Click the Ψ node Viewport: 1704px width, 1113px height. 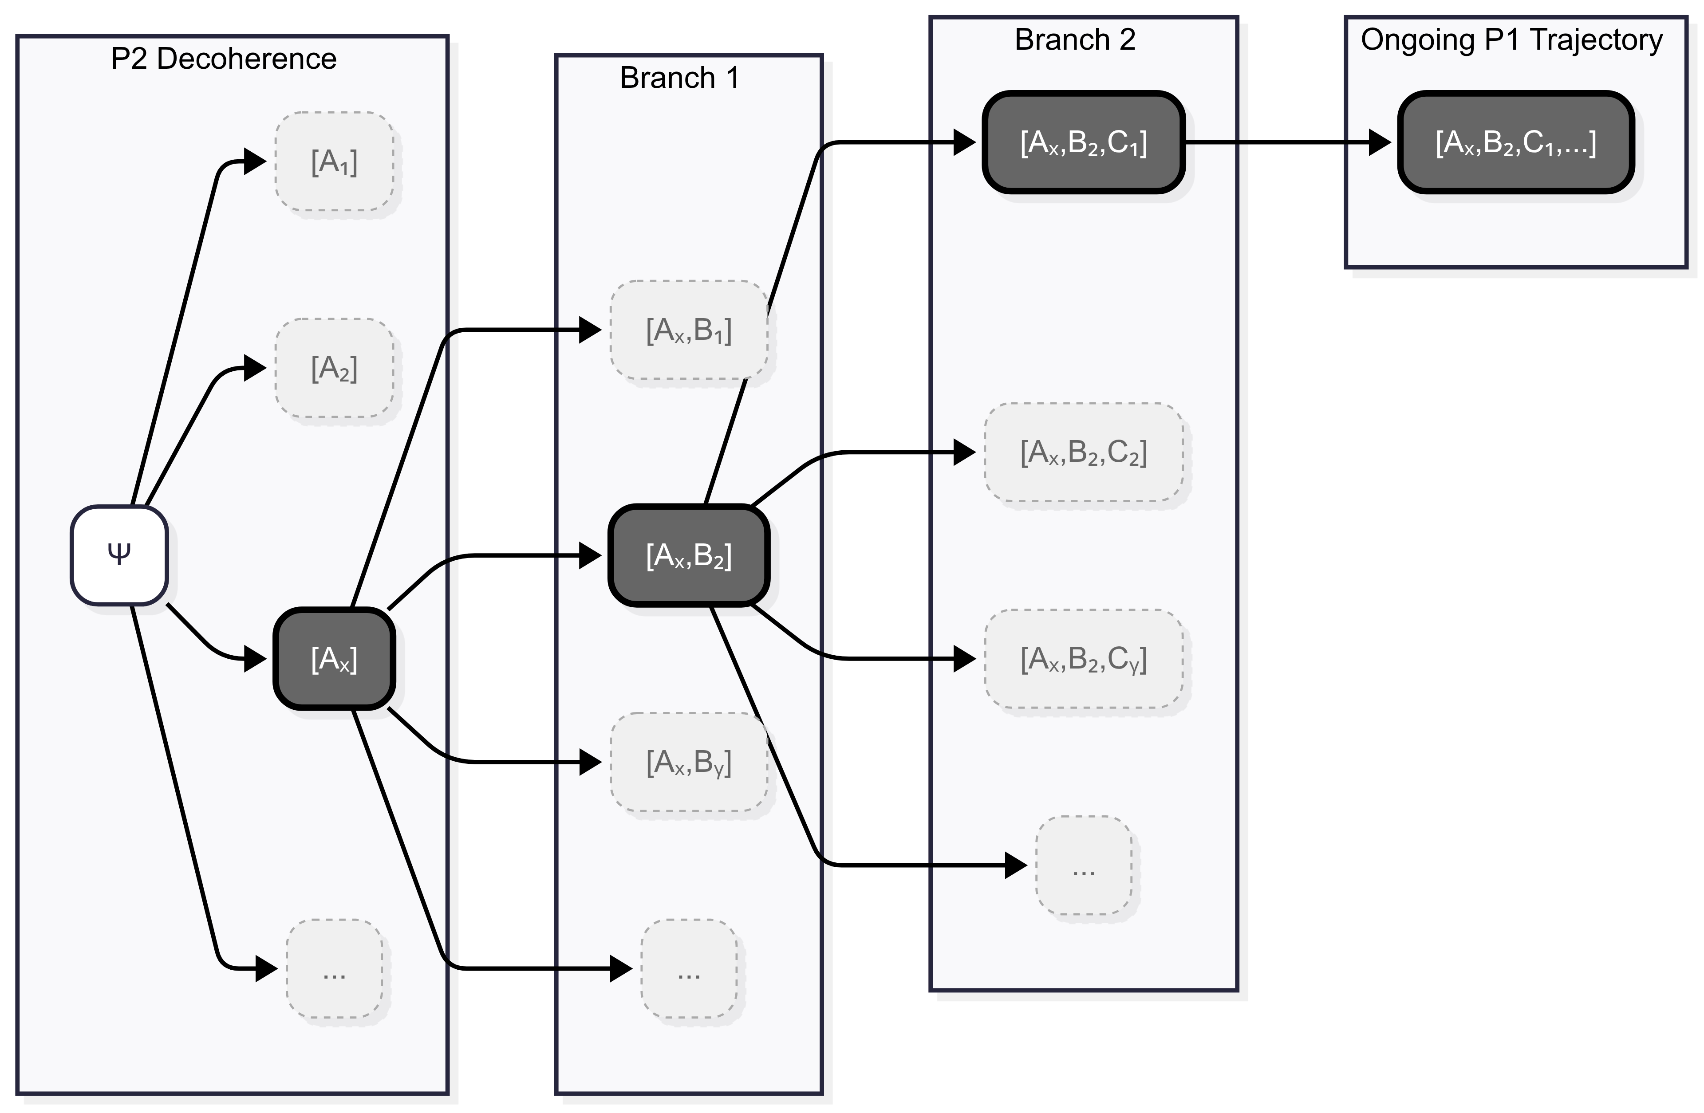(x=119, y=555)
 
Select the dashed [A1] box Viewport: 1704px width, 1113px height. (x=334, y=161)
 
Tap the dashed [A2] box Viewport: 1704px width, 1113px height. (x=334, y=368)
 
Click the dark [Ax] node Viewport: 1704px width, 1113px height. (x=334, y=658)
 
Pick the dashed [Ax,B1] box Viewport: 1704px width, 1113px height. (x=689, y=330)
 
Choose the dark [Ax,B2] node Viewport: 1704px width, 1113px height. (x=689, y=555)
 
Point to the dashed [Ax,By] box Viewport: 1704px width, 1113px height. (x=689, y=762)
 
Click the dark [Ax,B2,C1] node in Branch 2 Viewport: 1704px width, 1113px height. (x=1083, y=142)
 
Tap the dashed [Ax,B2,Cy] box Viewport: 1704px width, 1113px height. (x=1083, y=658)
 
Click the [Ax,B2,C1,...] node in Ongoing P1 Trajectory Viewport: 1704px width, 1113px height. (x=1516, y=142)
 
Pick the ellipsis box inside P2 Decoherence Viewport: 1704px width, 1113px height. (x=334, y=968)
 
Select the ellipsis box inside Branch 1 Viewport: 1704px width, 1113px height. (x=689, y=968)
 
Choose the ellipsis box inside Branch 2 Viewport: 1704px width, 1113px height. (x=1083, y=865)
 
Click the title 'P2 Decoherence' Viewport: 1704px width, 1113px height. (x=223, y=59)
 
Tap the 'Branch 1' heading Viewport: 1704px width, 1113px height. (x=679, y=77)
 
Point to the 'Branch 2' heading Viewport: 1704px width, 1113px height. (x=1075, y=39)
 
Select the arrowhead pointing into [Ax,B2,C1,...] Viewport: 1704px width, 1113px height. (x=1379, y=142)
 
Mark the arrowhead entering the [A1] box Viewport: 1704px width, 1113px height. (x=255, y=161)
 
